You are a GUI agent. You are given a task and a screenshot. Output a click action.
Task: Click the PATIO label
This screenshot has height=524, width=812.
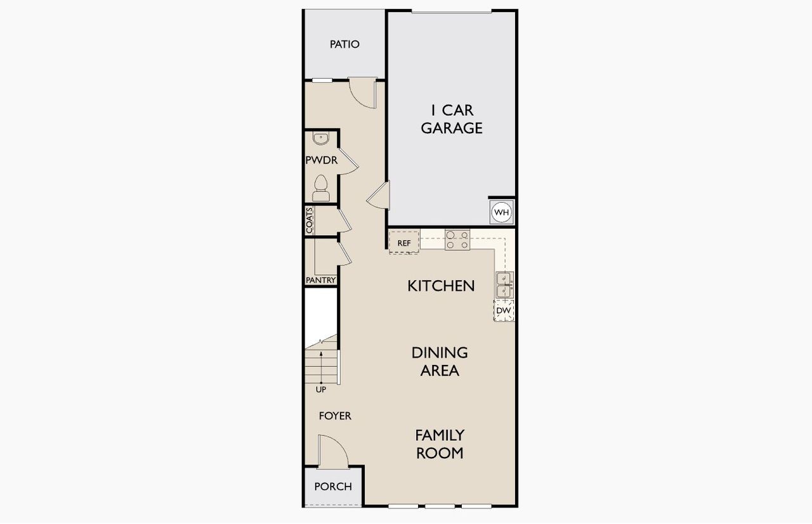tap(344, 44)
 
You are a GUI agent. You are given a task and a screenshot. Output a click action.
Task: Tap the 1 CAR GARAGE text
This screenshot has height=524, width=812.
tap(452, 119)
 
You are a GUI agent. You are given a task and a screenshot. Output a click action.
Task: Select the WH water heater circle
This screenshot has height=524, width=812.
tap(502, 212)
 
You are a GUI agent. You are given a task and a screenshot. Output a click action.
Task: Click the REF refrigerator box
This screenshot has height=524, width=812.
tap(404, 243)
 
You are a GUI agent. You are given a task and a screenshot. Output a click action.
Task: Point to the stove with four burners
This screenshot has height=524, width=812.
tap(457, 240)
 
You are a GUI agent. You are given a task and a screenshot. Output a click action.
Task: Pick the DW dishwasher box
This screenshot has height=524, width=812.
tap(504, 311)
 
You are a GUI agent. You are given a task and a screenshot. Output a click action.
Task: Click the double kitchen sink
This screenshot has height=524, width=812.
tap(504, 285)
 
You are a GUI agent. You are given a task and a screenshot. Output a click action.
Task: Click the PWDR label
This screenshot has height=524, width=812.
tap(321, 160)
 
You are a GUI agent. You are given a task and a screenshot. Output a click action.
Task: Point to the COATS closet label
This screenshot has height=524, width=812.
tap(310, 220)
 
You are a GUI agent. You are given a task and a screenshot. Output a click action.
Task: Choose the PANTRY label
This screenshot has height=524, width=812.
tap(320, 280)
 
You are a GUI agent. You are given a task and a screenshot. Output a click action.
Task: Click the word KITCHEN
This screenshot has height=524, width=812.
tap(441, 286)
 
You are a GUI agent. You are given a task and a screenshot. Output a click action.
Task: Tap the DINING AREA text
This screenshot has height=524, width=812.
tap(440, 361)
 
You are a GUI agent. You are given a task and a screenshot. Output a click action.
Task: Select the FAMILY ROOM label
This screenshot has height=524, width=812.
tap(440, 444)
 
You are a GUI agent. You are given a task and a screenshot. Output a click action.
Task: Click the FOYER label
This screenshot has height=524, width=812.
tap(335, 416)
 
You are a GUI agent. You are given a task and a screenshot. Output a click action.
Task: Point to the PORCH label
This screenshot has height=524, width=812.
tap(333, 487)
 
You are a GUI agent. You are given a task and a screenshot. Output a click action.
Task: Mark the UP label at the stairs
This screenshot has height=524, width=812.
tap(321, 390)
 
